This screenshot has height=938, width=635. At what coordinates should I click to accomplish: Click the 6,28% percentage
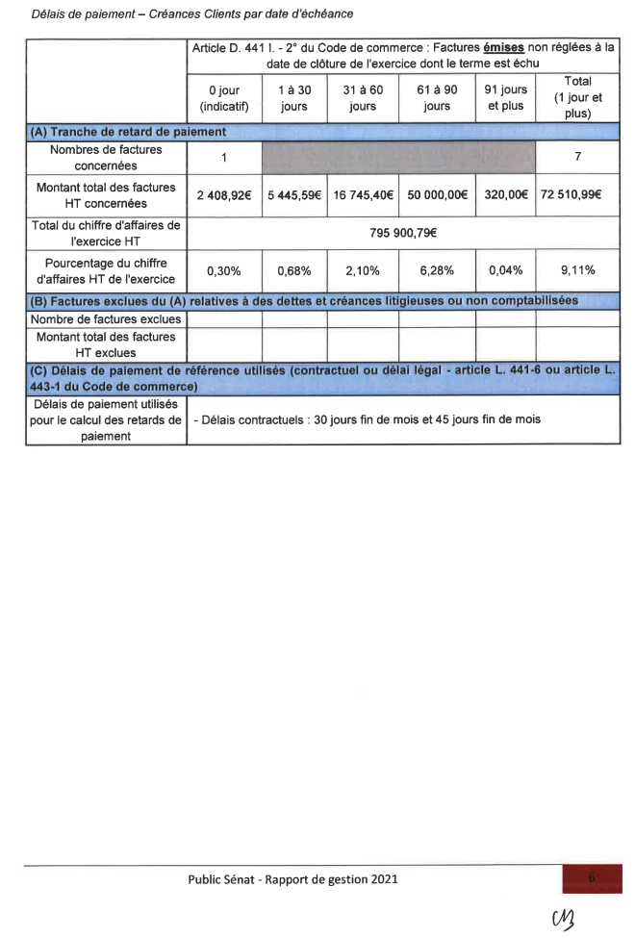[x=437, y=271]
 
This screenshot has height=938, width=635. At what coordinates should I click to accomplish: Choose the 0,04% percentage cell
[x=505, y=271]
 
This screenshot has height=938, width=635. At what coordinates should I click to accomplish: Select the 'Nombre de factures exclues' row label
[x=106, y=318]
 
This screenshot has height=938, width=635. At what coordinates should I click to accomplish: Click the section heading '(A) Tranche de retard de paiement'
[x=127, y=132]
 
